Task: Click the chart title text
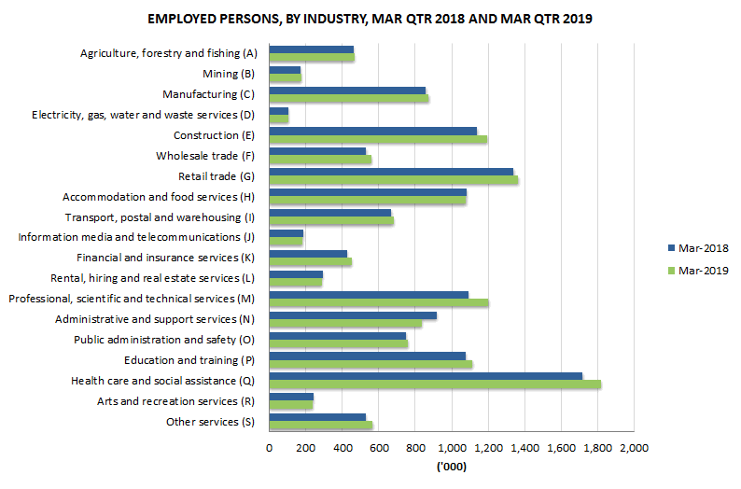point(370,19)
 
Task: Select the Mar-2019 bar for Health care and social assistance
point(434,384)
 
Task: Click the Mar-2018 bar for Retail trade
point(390,172)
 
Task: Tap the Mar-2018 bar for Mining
point(285,69)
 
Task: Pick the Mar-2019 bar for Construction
point(377,140)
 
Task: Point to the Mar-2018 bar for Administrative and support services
point(352,315)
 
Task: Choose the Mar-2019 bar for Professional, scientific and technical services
point(378,303)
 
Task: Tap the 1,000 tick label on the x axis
point(452,449)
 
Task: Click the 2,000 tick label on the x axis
point(634,449)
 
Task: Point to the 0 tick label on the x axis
point(269,449)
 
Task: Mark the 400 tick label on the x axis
point(342,449)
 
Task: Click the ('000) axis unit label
point(452,467)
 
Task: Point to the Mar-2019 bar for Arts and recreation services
point(290,405)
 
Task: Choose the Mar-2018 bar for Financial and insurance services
point(307,254)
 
